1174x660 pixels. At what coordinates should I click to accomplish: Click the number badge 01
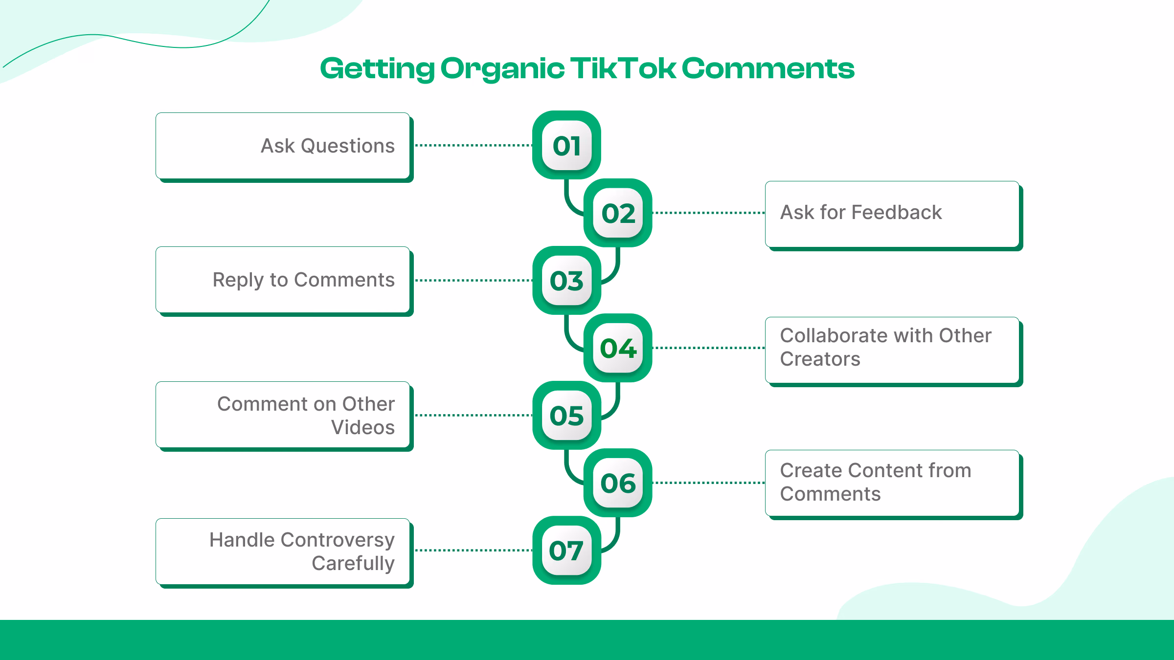(x=566, y=146)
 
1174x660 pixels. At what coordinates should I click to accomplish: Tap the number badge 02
(x=618, y=213)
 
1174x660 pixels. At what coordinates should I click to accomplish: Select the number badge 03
(x=566, y=281)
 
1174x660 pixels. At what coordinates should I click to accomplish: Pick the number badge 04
(x=618, y=348)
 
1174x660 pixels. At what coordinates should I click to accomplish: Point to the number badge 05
(x=566, y=416)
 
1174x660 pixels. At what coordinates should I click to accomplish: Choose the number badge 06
(x=618, y=483)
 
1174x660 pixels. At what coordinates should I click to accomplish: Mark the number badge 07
(x=566, y=550)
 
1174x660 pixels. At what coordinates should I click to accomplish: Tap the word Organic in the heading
(x=502, y=69)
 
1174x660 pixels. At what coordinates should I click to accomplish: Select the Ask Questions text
(x=327, y=146)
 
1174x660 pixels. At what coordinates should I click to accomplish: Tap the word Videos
(x=362, y=427)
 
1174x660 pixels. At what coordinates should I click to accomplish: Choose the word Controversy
(x=338, y=540)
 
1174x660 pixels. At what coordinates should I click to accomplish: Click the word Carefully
(x=353, y=563)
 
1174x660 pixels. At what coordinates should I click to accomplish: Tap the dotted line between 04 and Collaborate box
(x=708, y=348)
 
